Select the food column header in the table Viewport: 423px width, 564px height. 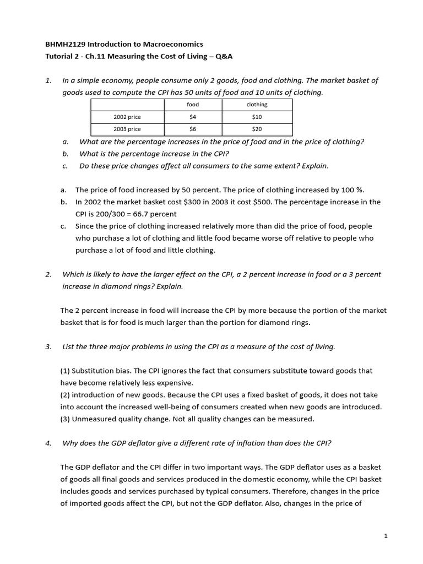click(x=193, y=105)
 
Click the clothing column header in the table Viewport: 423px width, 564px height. click(x=257, y=105)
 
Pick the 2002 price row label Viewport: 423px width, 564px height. click(x=127, y=117)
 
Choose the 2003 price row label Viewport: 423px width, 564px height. click(x=127, y=129)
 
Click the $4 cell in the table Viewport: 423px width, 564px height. click(x=193, y=117)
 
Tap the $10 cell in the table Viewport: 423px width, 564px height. click(x=257, y=117)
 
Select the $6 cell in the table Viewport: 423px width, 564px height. click(x=193, y=129)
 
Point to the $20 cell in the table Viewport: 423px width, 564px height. click(x=257, y=129)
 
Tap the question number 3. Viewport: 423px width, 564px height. click(x=48, y=346)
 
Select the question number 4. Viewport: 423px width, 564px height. click(x=48, y=443)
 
